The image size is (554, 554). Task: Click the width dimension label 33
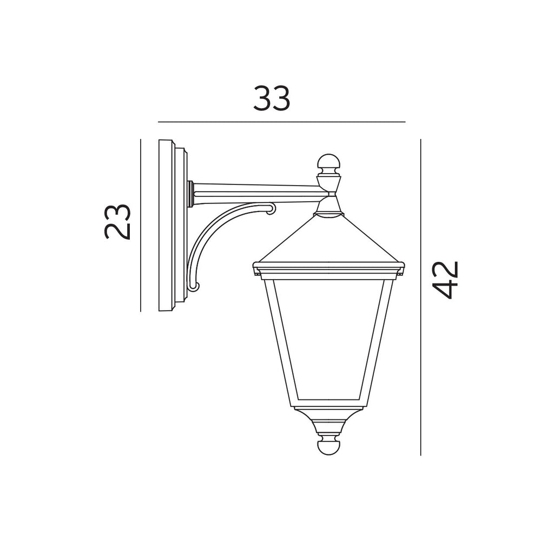272,99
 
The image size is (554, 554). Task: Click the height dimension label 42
447,279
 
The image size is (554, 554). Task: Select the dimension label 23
118,221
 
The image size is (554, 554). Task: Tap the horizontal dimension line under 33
281,122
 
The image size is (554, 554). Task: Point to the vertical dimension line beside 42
420,325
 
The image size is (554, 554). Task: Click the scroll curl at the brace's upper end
271,208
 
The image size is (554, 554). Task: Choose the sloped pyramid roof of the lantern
328,241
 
